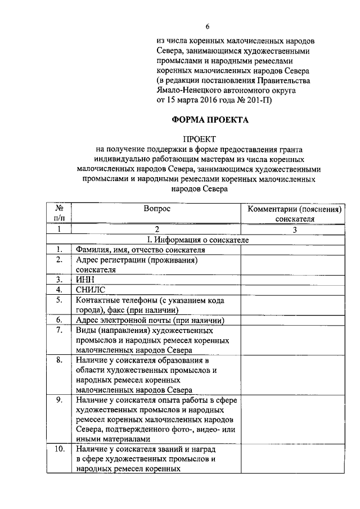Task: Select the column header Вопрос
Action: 156,209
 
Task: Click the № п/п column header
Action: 59,213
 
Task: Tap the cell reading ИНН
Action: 84,279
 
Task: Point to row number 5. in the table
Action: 58,300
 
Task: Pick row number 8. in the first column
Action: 58,360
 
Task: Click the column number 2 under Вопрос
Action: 157,229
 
